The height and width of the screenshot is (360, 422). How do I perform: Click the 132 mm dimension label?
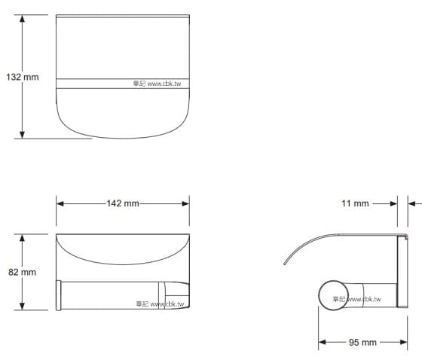point(22,77)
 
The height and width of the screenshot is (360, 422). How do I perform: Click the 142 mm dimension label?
point(123,203)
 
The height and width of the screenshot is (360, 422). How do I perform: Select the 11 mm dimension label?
point(355,203)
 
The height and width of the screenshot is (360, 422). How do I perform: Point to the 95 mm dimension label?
point(362,343)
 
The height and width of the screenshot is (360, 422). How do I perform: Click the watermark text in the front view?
point(161,305)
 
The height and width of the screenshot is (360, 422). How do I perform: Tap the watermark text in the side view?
point(356,299)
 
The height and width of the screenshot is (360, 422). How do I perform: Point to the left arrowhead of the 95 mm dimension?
point(322,343)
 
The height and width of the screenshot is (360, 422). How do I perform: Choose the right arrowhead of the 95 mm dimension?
point(394,343)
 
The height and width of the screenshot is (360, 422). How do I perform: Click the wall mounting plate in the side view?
point(402,271)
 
